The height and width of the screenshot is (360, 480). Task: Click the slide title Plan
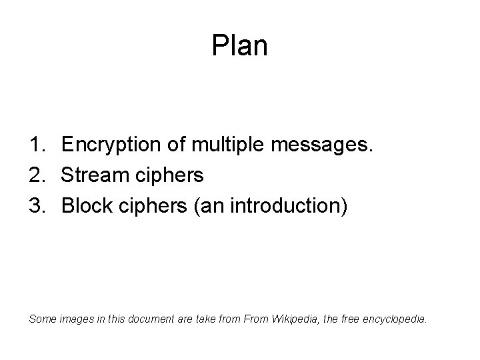point(239,46)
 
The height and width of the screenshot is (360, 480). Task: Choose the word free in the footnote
point(353,319)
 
